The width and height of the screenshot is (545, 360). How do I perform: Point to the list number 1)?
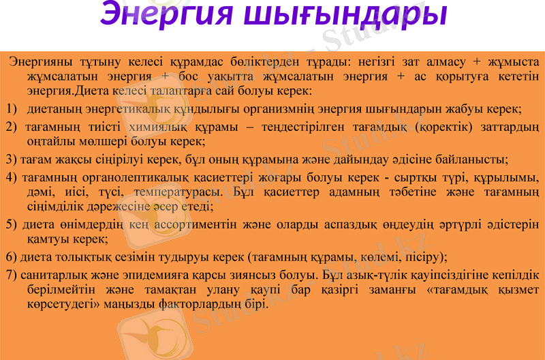click(x=12, y=109)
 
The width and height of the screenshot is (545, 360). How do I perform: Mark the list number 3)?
click(x=12, y=160)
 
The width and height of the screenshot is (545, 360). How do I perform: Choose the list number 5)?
click(x=12, y=224)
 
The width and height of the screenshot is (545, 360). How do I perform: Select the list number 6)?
click(x=12, y=258)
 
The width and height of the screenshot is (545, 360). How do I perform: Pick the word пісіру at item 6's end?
click(x=424, y=258)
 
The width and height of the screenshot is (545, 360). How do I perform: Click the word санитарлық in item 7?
click(x=50, y=275)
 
